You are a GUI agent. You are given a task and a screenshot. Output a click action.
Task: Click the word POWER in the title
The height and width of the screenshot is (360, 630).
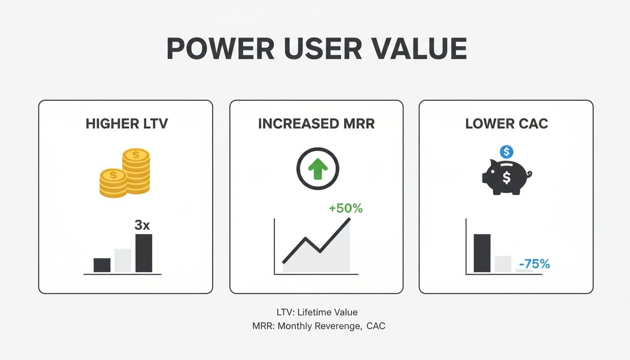(x=220, y=49)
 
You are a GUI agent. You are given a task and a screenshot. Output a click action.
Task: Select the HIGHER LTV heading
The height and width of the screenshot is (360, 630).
(x=127, y=124)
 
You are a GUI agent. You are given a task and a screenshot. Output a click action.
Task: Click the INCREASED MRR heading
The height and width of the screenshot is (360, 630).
(x=316, y=124)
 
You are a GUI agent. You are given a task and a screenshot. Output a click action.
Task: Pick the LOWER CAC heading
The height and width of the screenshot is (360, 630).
(x=507, y=124)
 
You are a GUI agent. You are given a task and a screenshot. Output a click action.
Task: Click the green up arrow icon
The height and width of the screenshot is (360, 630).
(x=318, y=169)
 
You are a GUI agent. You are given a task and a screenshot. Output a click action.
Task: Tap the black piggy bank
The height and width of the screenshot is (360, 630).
(x=507, y=177)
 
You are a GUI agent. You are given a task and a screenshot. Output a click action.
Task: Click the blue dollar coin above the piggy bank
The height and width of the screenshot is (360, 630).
(x=507, y=152)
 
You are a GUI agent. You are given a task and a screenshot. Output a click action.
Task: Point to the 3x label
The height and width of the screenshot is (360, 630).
(x=142, y=225)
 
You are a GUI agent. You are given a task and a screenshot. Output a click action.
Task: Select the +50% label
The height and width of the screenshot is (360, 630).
(x=345, y=209)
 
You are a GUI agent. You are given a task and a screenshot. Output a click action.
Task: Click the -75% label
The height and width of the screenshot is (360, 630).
(x=534, y=264)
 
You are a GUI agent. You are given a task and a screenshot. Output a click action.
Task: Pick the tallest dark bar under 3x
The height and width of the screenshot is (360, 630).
(x=144, y=253)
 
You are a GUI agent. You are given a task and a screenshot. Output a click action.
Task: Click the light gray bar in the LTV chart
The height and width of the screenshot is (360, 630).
(x=123, y=261)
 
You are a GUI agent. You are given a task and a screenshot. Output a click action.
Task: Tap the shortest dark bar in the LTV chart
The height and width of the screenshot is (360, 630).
(x=102, y=265)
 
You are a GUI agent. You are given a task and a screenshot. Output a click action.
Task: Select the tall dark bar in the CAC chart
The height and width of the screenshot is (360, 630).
(x=482, y=253)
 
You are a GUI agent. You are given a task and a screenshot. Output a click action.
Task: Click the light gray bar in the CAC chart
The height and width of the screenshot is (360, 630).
(x=503, y=264)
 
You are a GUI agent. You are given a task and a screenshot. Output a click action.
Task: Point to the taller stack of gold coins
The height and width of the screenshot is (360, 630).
(x=136, y=171)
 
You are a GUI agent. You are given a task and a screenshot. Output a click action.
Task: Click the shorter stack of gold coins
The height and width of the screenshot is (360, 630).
(x=113, y=183)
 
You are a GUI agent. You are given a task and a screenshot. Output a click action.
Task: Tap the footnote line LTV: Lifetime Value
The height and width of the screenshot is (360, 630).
(x=317, y=312)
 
